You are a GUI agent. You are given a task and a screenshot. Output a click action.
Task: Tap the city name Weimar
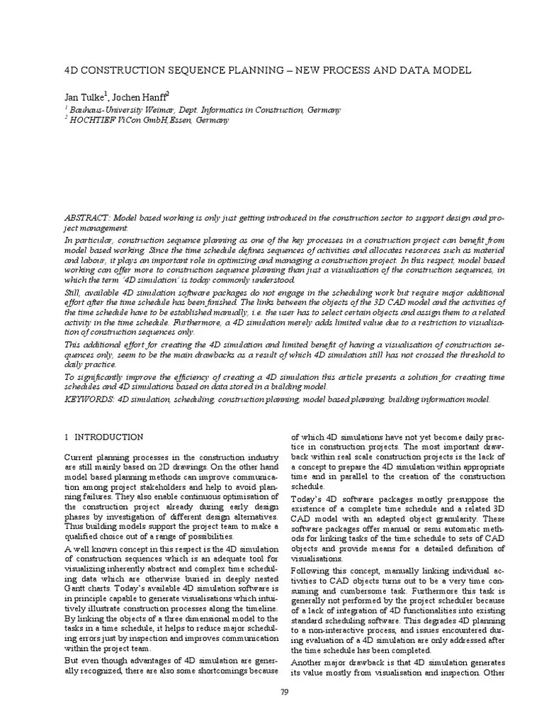pyautogui.click(x=159, y=110)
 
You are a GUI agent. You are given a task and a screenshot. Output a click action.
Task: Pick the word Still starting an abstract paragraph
pyautogui.click(x=73, y=292)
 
